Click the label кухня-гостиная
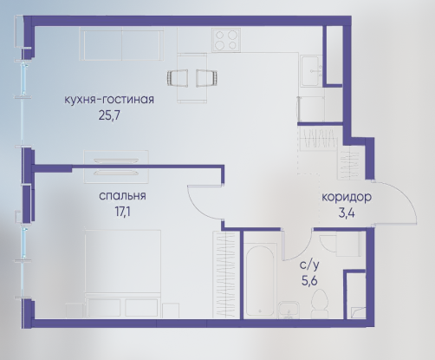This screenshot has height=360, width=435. (x=109, y=100)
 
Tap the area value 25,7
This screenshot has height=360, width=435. (x=109, y=115)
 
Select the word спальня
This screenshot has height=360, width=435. (x=122, y=196)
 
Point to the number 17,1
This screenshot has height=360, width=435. (x=123, y=212)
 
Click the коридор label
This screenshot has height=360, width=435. (x=347, y=198)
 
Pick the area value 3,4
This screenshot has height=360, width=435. (x=347, y=213)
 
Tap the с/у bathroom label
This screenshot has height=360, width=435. (x=309, y=265)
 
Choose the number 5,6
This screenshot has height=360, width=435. (x=309, y=280)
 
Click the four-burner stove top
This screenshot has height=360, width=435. (x=226, y=40)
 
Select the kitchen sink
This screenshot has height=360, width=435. (x=311, y=71)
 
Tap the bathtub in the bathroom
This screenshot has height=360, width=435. (x=260, y=280)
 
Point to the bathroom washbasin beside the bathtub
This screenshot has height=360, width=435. (x=289, y=310)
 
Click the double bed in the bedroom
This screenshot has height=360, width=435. (x=123, y=273)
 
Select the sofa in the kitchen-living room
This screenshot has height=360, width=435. (x=123, y=44)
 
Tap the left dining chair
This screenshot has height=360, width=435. (x=178, y=78)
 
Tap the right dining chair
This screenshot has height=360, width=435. (x=207, y=78)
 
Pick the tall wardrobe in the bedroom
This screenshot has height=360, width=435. (x=226, y=275)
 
